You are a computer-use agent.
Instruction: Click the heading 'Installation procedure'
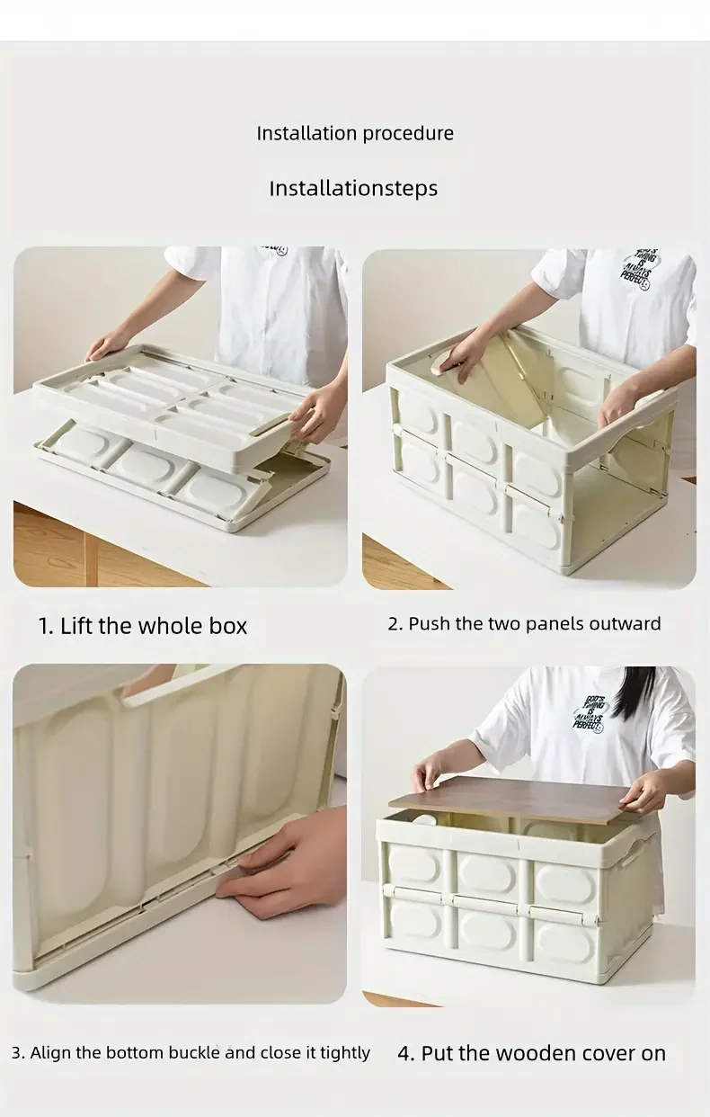(355, 133)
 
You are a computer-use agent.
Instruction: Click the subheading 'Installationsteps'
(353, 188)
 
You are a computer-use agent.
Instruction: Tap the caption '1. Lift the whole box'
(142, 626)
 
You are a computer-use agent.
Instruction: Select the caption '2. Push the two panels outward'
(525, 624)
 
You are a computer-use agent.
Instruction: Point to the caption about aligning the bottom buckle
(191, 1052)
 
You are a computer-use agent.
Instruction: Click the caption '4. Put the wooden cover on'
(531, 1053)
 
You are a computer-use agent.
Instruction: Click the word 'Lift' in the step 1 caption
(77, 626)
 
